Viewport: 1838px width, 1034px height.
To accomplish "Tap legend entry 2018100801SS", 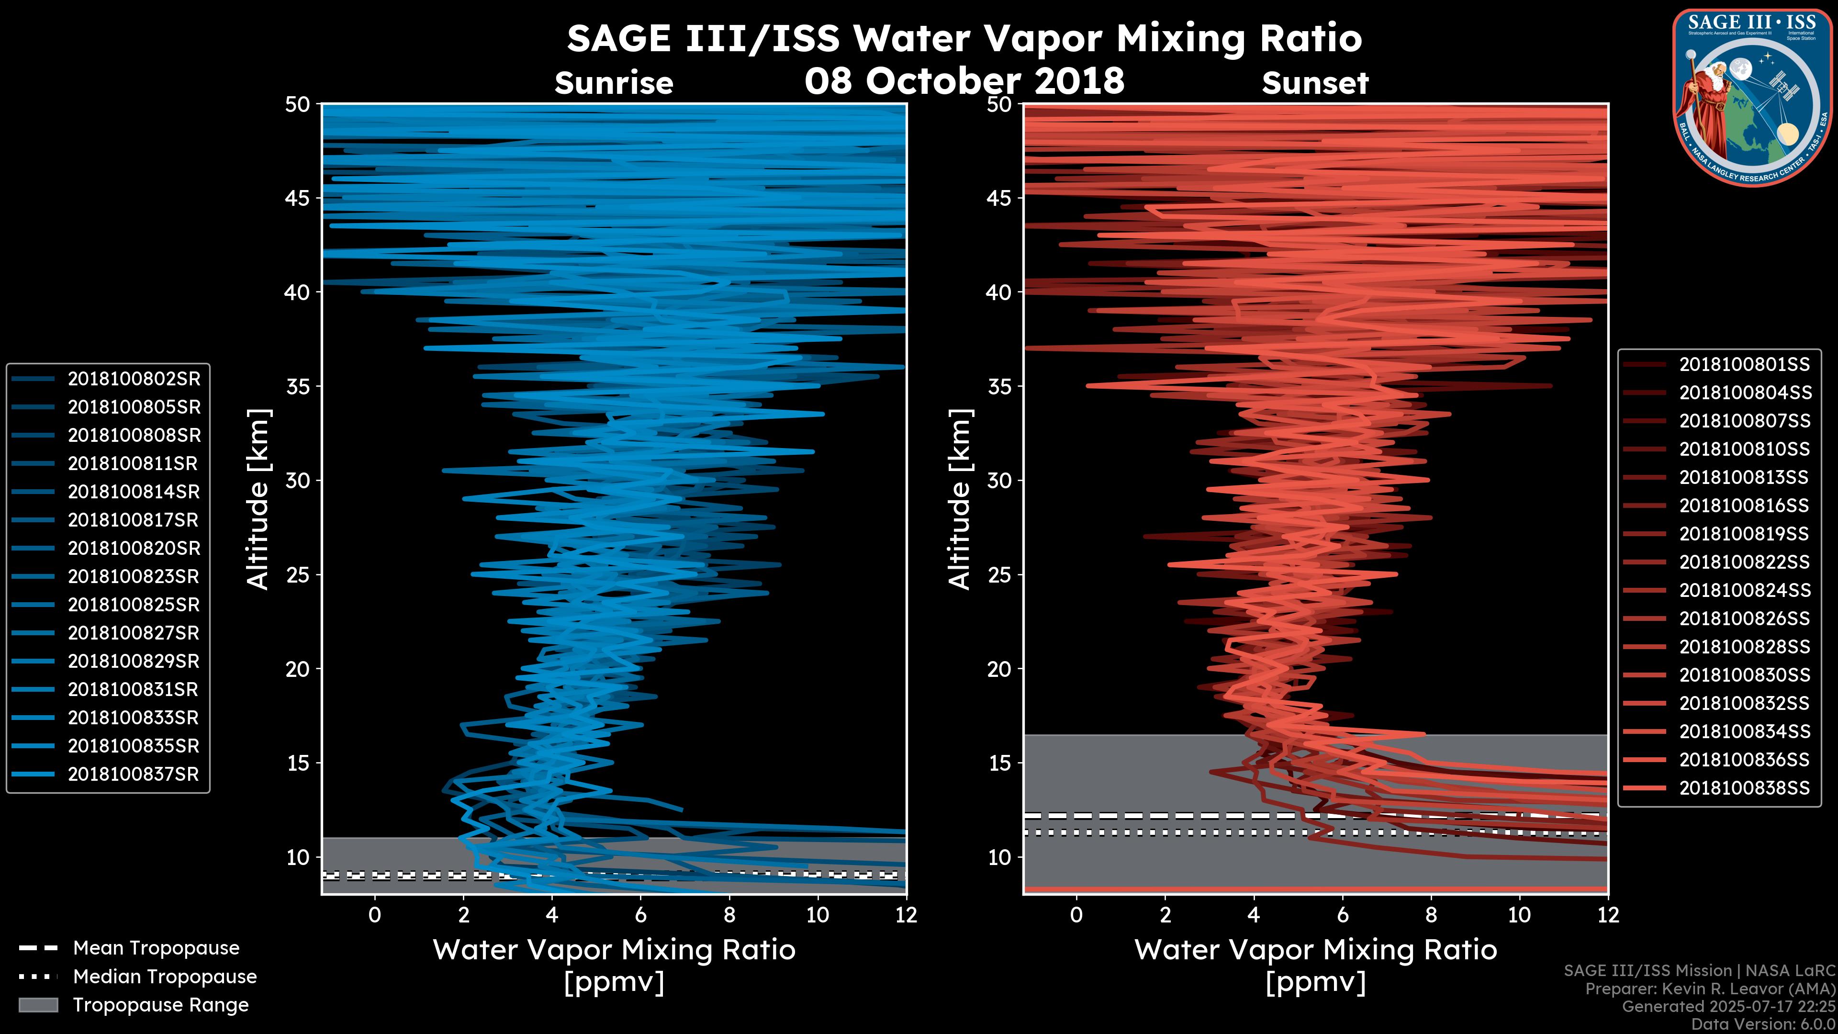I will [1744, 365].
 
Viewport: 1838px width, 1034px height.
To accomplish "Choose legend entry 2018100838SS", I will [1744, 788].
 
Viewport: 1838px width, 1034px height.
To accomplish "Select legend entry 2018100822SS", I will [1744, 562].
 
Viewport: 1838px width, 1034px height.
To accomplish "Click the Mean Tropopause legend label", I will [156, 948].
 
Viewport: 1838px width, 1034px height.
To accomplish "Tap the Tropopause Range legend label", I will [160, 1005].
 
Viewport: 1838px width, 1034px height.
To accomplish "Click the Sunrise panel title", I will [614, 83].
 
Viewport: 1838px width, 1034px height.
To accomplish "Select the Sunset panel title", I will [1315, 83].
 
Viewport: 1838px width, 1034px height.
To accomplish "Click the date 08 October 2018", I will [964, 80].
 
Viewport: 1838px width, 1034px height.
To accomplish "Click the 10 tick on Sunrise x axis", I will [818, 915].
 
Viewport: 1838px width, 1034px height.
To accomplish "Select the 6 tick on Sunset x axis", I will [1342, 915].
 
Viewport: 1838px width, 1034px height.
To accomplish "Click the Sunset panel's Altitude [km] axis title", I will [960, 499].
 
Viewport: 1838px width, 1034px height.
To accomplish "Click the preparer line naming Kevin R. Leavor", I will [1710, 989].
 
